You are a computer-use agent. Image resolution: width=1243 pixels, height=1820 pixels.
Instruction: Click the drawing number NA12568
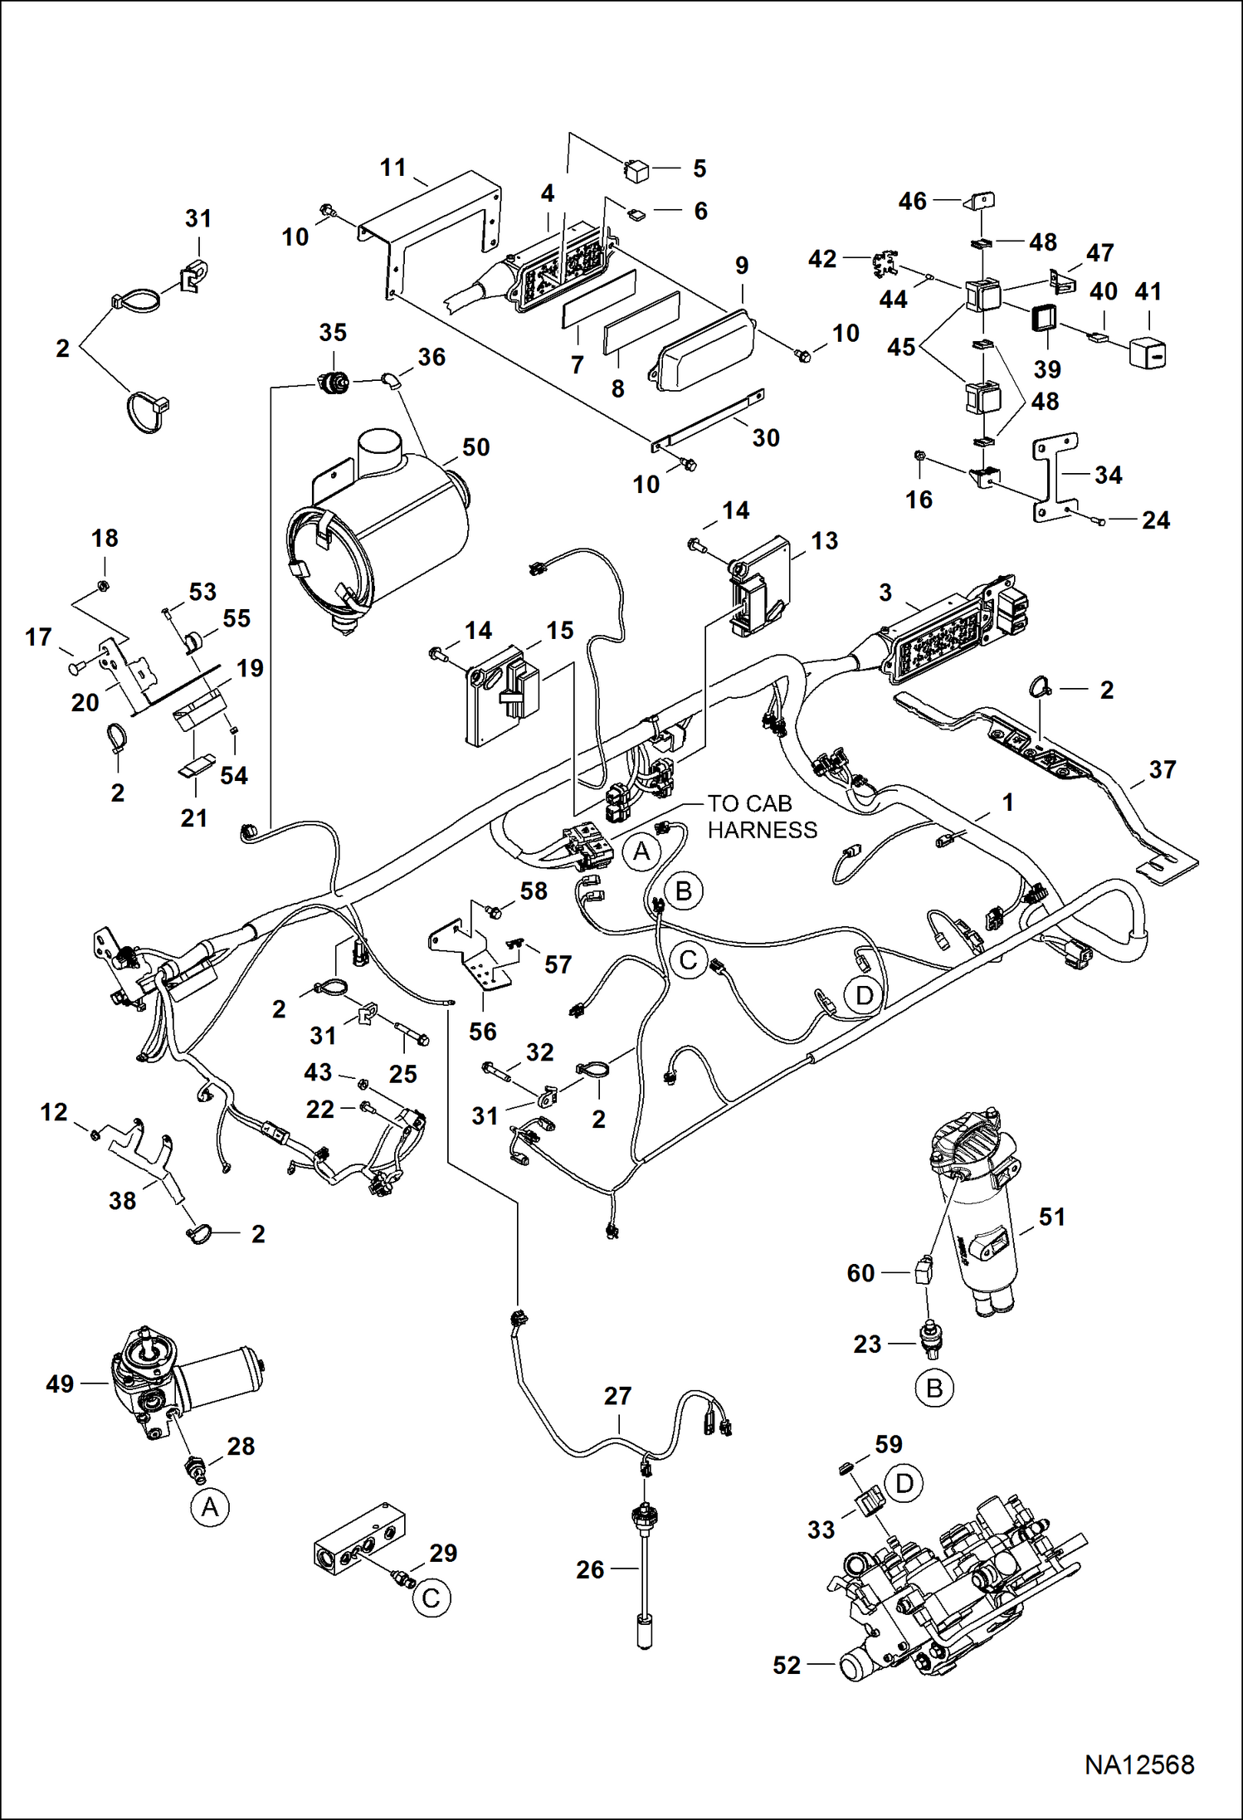coord(1138,1764)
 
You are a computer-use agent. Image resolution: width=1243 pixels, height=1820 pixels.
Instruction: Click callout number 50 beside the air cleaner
coord(475,447)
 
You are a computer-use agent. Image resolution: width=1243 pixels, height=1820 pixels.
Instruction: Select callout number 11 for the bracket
coord(393,168)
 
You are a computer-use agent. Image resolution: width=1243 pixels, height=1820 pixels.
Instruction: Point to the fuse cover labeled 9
coord(705,353)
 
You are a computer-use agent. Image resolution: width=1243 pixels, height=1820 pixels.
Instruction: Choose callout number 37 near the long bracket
coord(1162,769)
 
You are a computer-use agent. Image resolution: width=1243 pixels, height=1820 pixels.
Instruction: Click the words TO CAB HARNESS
coord(761,817)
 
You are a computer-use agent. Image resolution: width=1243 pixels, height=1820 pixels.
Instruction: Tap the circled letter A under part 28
coord(210,1506)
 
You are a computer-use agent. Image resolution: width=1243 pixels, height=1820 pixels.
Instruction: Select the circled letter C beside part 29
coord(431,1598)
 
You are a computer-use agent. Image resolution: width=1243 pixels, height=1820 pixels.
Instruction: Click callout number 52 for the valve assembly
coord(787,1664)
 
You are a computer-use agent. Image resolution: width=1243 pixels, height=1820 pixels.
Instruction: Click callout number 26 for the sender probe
coord(590,1569)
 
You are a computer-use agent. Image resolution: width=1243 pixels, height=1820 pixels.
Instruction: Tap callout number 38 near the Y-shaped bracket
coord(122,1200)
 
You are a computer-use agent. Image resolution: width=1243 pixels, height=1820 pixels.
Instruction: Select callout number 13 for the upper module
coord(824,541)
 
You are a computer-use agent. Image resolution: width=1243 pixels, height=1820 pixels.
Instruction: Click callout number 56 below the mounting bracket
coord(482,1032)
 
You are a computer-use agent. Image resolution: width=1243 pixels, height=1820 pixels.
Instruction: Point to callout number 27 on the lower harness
coord(617,1396)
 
